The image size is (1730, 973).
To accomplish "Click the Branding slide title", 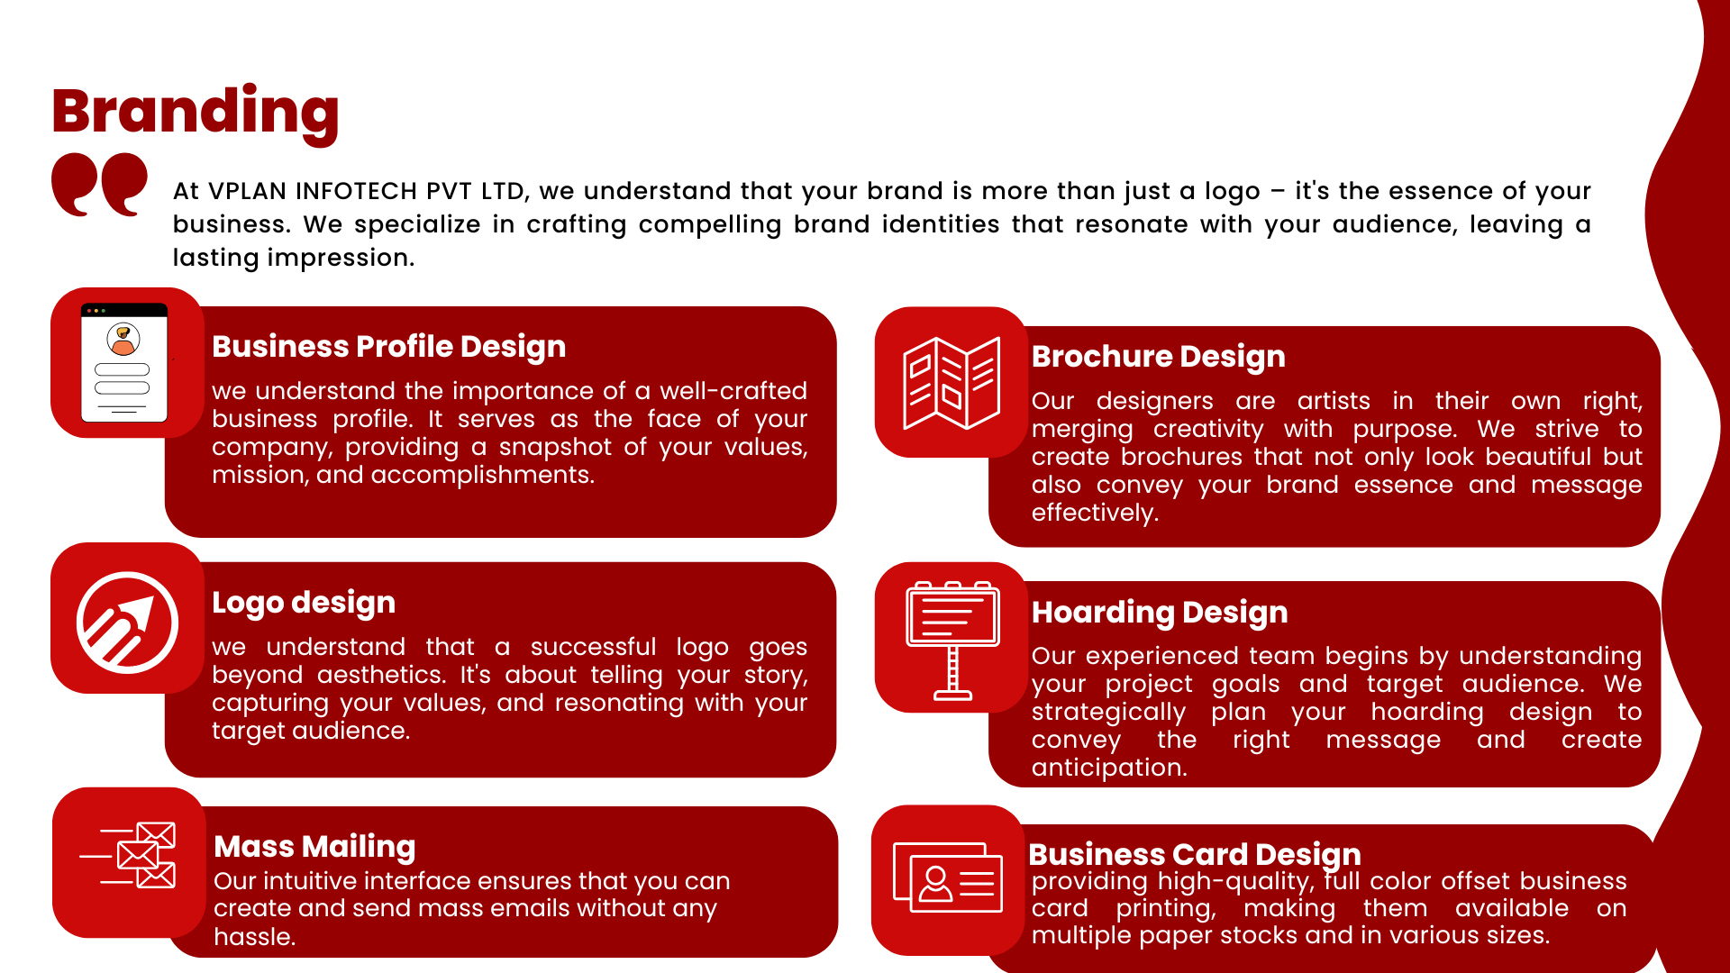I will click(x=195, y=112).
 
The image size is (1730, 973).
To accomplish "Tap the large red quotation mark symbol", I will click(x=99, y=184).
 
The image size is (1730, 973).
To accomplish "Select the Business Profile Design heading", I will click(x=388, y=346).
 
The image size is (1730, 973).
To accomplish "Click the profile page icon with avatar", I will click(x=124, y=363).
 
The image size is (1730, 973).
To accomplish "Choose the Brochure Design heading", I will click(x=1158, y=356).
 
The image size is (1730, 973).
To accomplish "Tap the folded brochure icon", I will click(x=951, y=383).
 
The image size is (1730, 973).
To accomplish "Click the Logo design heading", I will click(x=303, y=602).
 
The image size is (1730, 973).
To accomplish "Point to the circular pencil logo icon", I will click(x=127, y=622).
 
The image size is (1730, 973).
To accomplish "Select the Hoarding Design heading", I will click(x=1159, y=612).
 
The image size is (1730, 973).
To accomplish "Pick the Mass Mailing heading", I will click(x=314, y=846).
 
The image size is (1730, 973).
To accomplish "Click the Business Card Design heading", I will click(x=1194, y=853).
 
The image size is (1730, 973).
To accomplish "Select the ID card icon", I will click(x=948, y=878).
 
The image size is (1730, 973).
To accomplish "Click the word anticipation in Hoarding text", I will click(x=1108, y=768).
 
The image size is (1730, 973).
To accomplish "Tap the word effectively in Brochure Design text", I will click(x=1094, y=513).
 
